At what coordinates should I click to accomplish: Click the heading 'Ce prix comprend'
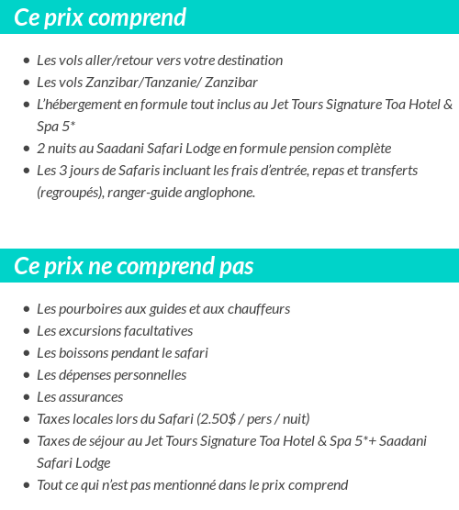click(100, 17)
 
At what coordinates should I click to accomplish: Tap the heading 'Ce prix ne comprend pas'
click(134, 266)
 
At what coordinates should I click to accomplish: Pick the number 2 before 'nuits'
click(41, 149)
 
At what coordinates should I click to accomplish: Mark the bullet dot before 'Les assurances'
click(27, 398)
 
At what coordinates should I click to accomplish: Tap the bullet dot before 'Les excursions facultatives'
click(27, 332)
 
